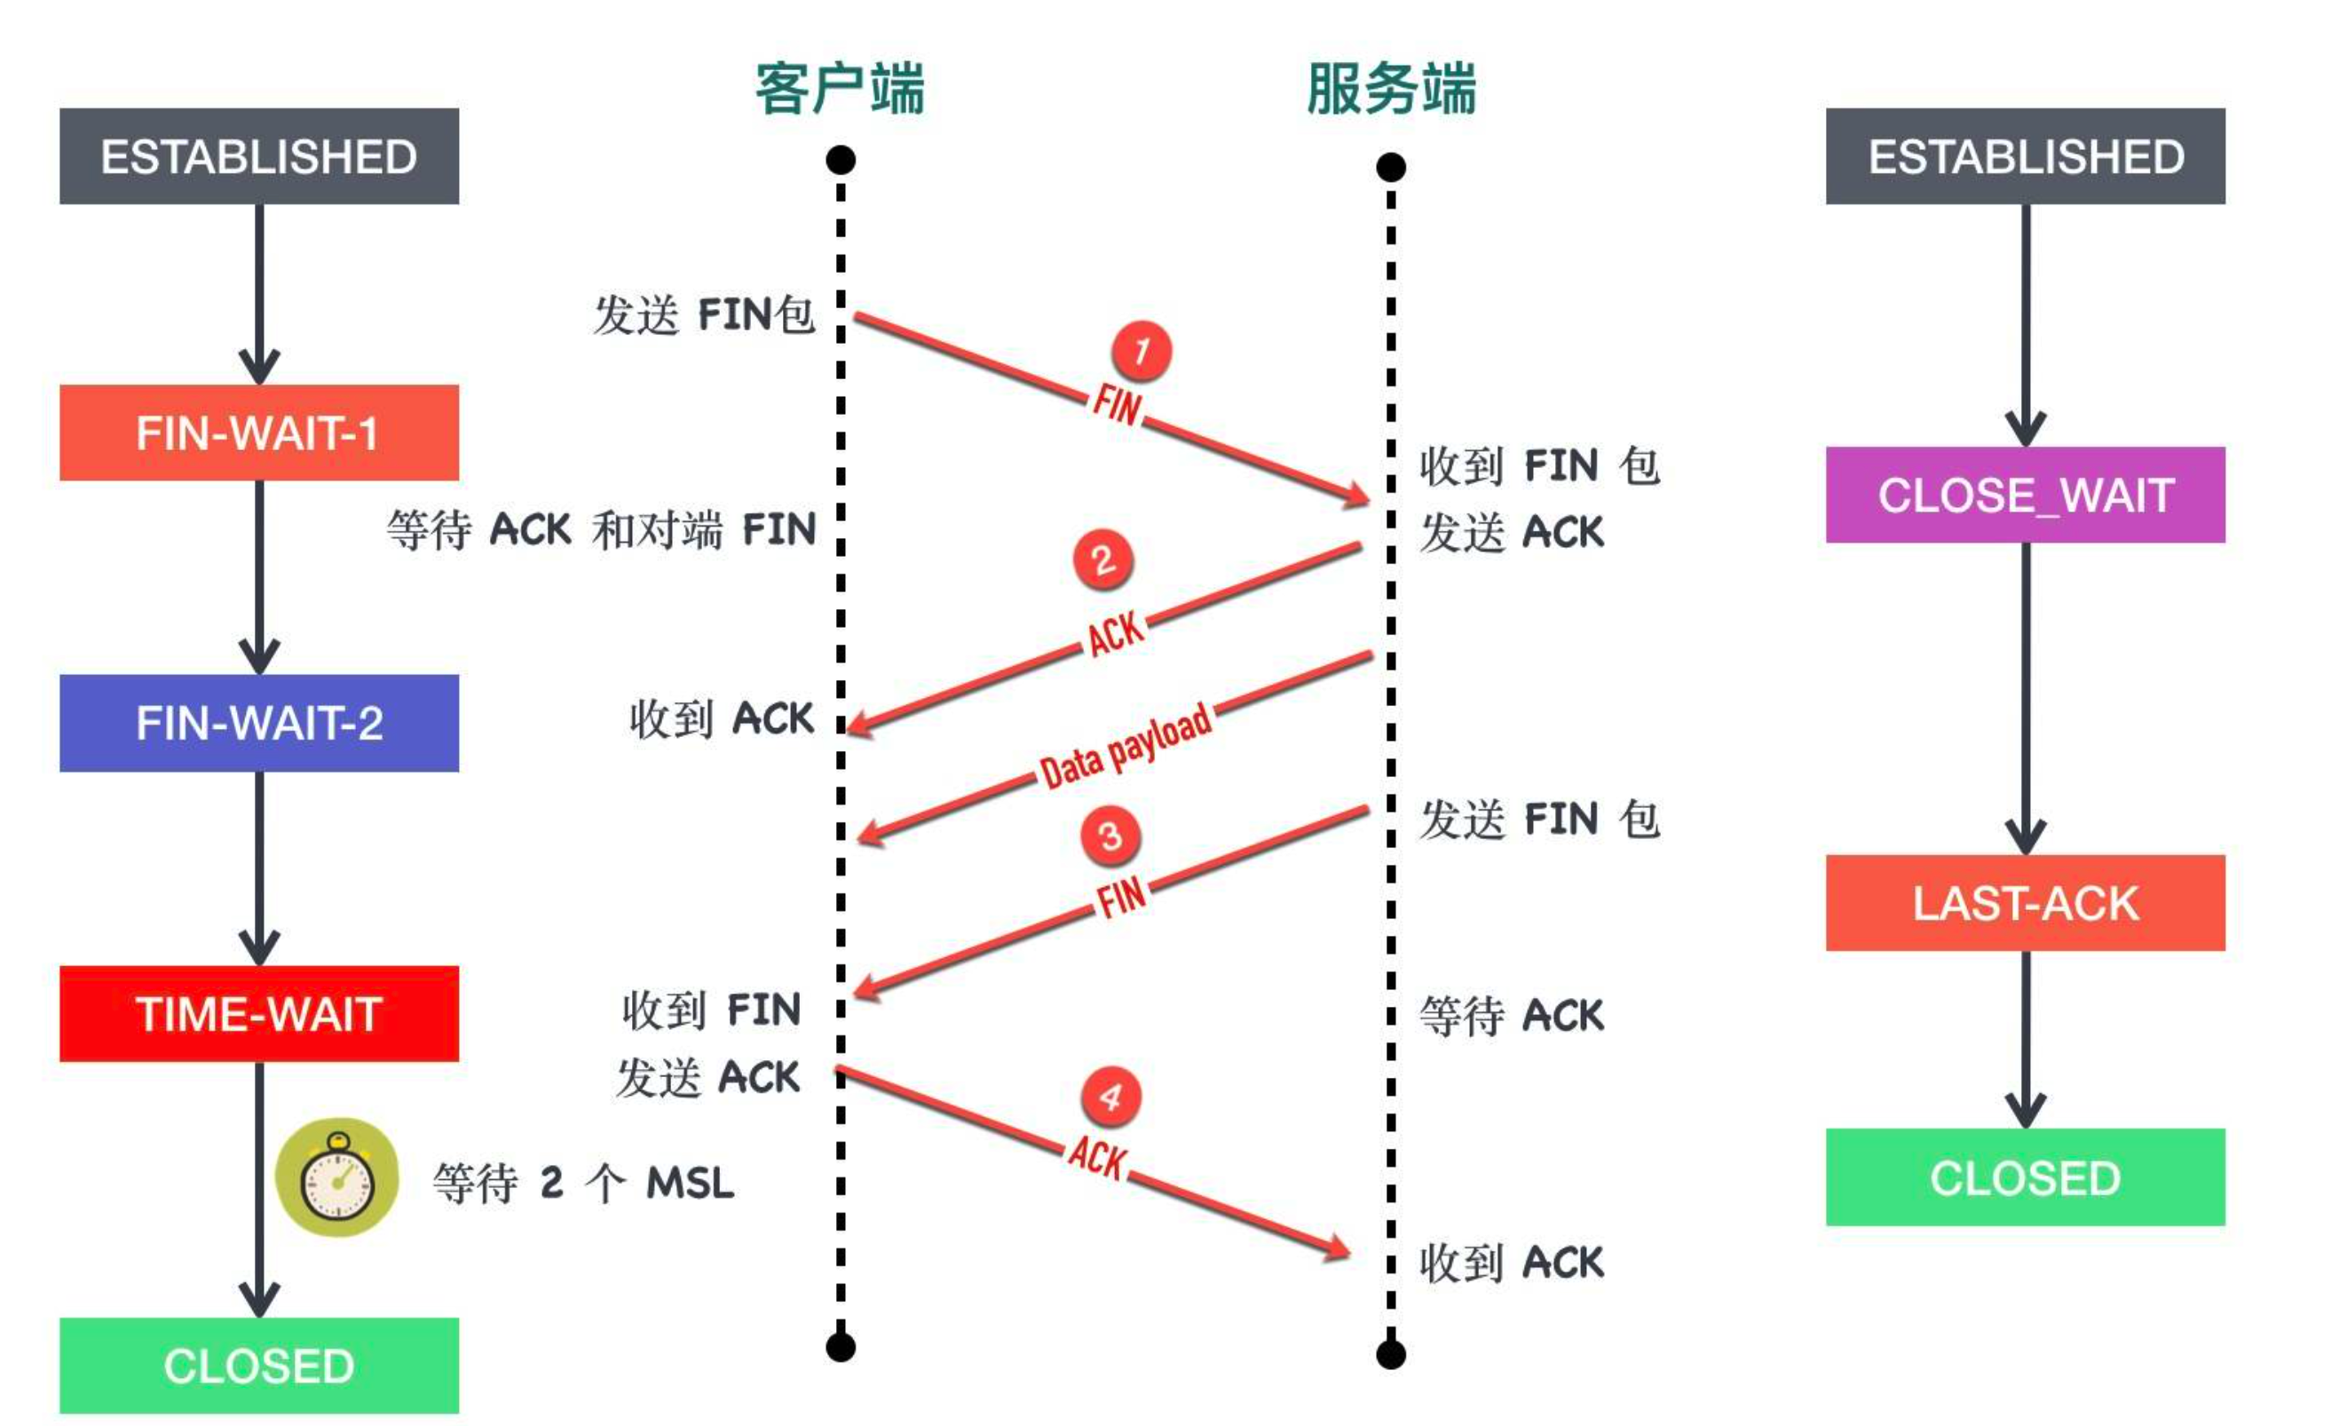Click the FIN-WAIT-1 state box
(259, 433)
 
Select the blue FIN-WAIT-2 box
(259, 723)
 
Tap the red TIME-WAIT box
(259, 1013)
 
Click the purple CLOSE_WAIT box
(2025, 495)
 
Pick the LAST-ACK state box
(2025, 903)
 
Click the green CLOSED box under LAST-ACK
(2025, 1177)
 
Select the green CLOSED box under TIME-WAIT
(259, 1365)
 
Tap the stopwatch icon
(337, 1177)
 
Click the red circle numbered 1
(1142, 351)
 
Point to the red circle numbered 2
(1103, 559)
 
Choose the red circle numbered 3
(1110, 836)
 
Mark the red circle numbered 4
(1110, 1097)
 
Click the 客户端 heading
(840, 90)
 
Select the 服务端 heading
(1391, 90)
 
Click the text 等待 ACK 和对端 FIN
(601, 529)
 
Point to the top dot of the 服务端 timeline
(1391, 168)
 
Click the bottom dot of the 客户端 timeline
(840, 1347)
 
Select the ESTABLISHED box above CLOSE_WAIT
(2025, 156)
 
